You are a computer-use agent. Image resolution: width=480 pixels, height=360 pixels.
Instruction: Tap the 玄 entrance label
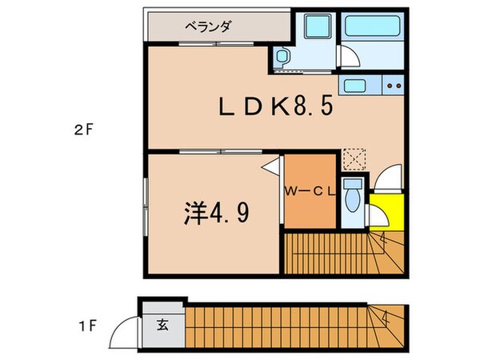pyautogui.click(x=162, y=325)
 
